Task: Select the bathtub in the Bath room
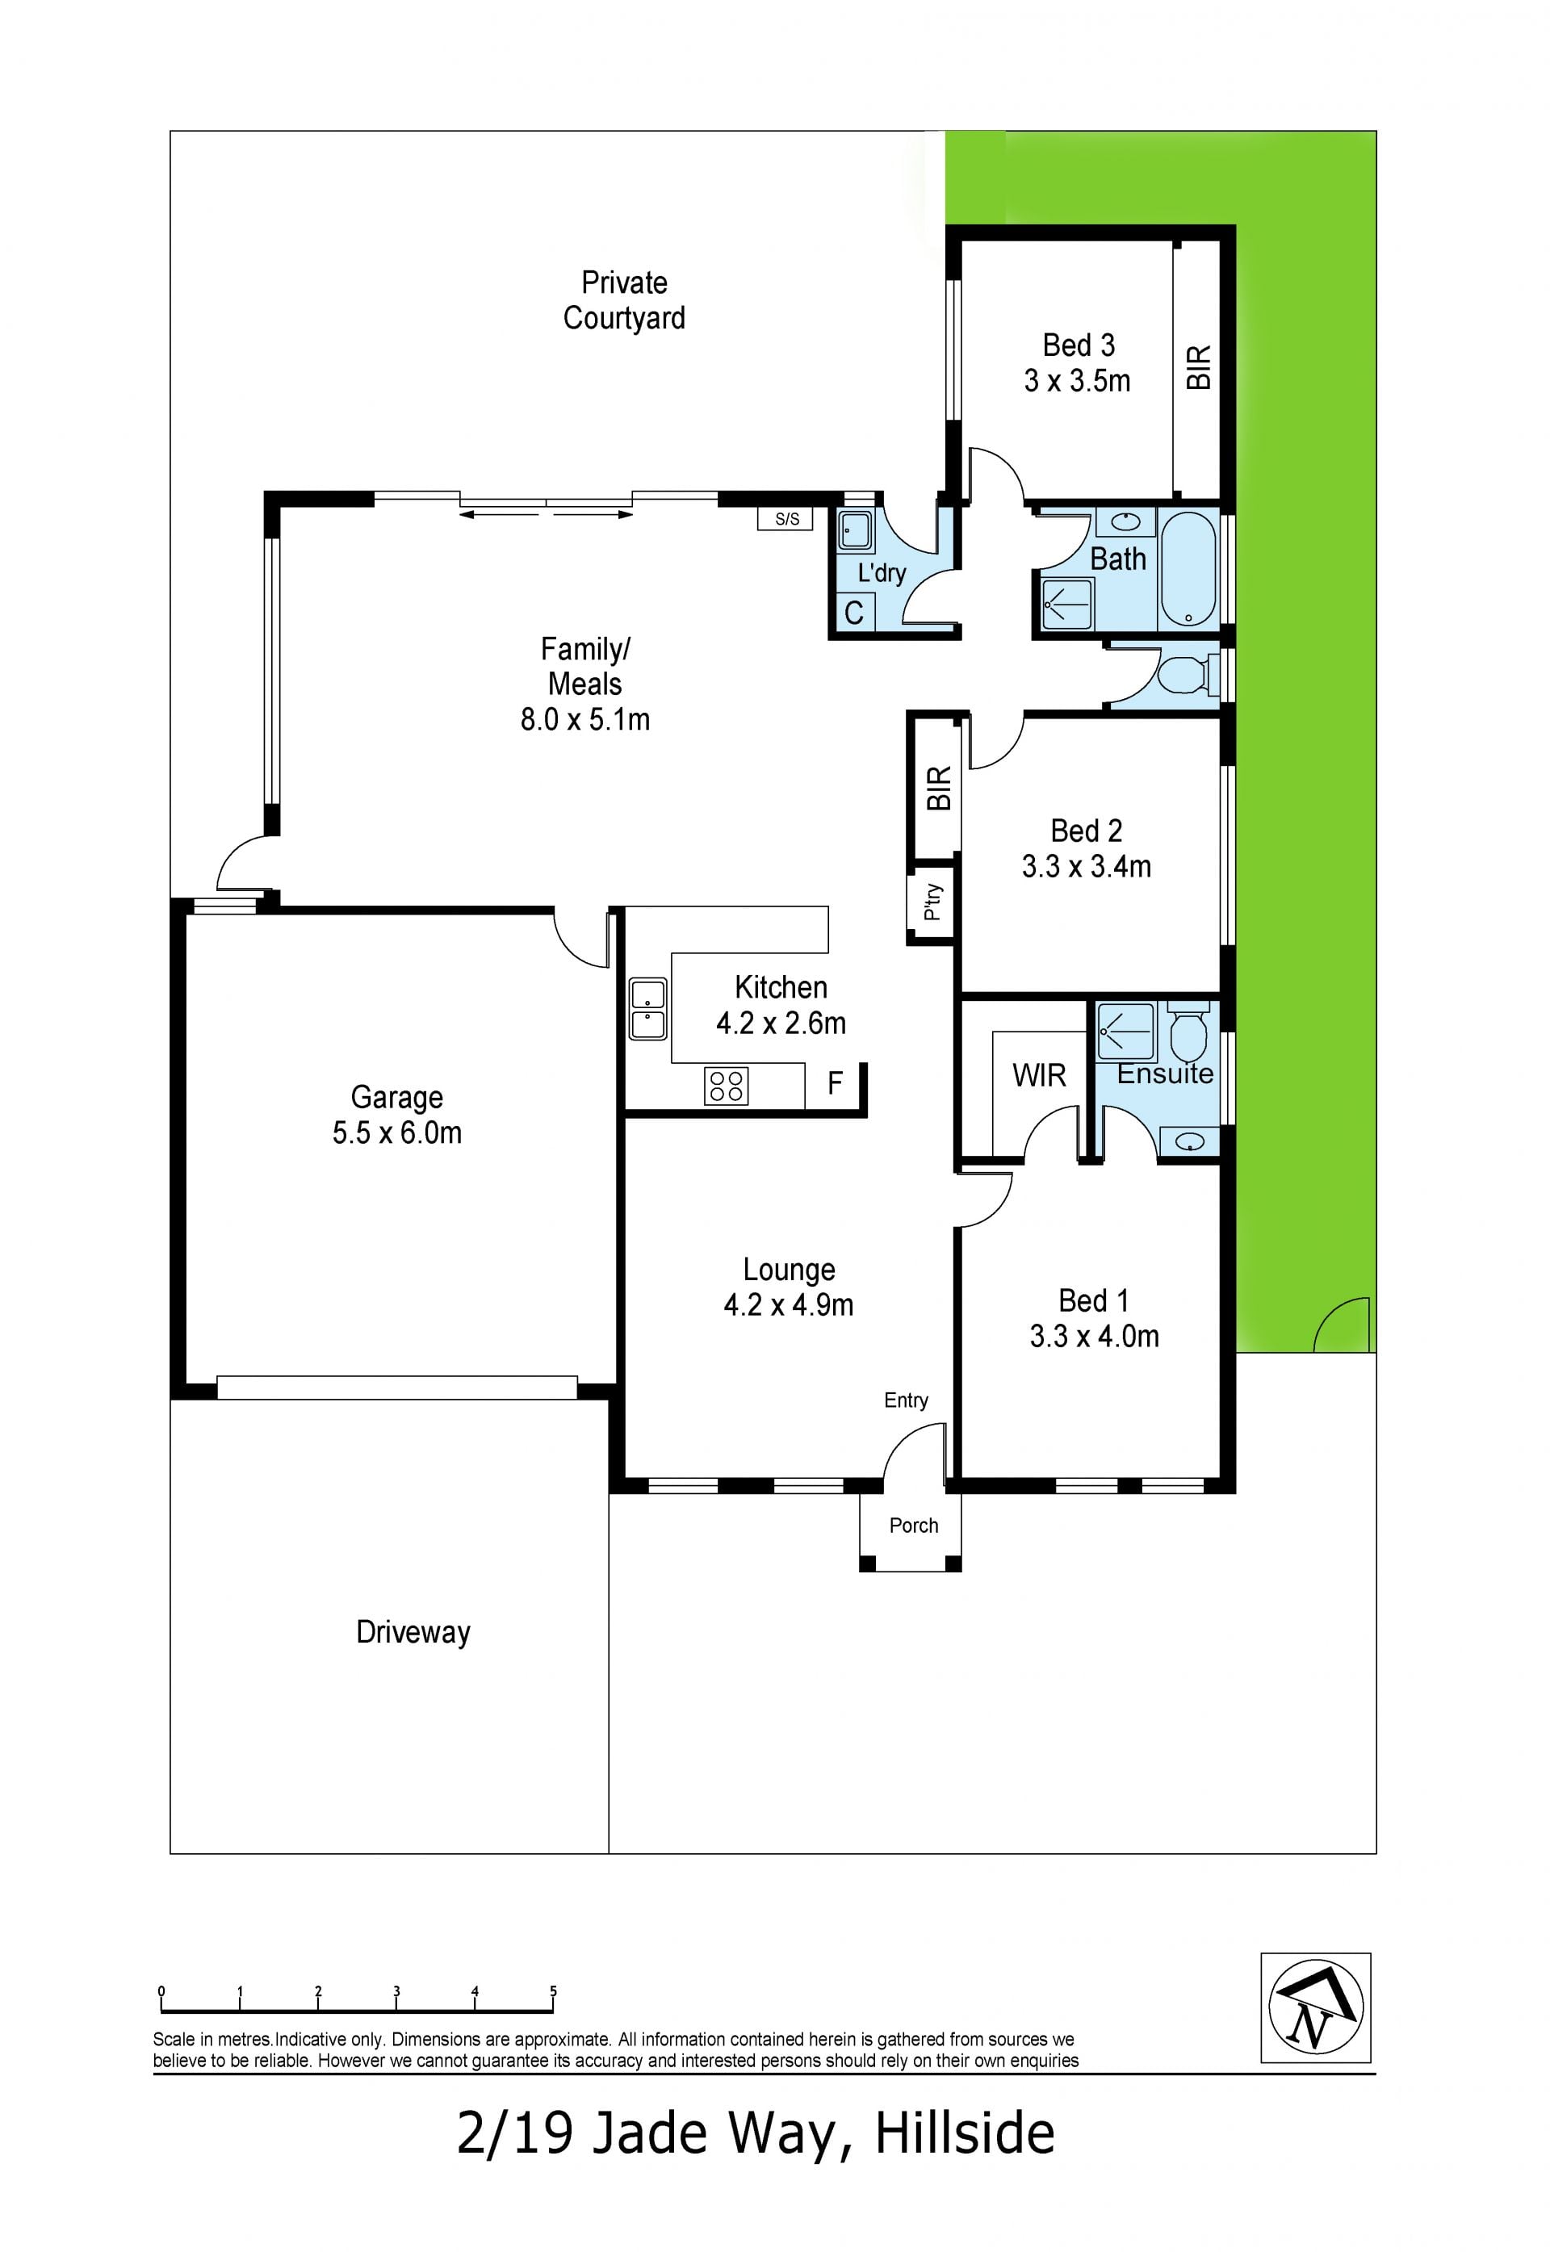1188,569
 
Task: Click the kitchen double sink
647,1009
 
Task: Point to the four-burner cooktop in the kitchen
727,1086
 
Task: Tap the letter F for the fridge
834,1082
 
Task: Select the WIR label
1039,1075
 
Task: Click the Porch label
914,1526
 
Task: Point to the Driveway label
413,1632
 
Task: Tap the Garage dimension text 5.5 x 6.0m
397,1133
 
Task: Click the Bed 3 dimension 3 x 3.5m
1077,381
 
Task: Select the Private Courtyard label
625,300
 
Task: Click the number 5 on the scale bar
554,1990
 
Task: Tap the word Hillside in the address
965,2133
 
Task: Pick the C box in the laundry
855,613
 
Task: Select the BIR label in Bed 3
1200,368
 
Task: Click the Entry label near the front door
906,1400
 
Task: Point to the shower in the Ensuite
1125,1032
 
